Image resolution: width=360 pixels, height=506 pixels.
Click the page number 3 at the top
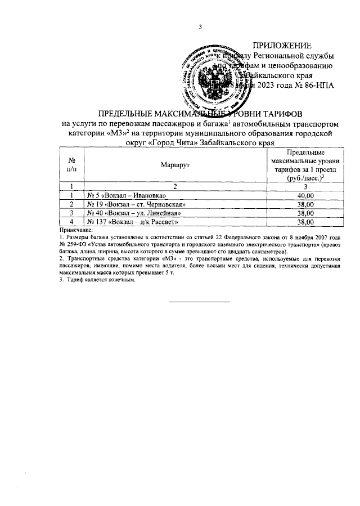click(x=199, y=27)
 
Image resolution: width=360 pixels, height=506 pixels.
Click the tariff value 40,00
click(x=305, y=195)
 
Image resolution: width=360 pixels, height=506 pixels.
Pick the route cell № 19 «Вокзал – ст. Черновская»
click(x=136, y=204)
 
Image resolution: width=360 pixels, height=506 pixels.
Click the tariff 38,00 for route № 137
click(x=305, y=222)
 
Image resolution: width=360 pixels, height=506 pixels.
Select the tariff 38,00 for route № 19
click(x=305, y=204)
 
